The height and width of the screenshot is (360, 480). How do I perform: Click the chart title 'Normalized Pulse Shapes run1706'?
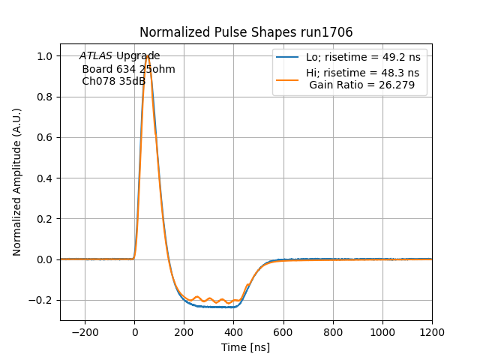246,32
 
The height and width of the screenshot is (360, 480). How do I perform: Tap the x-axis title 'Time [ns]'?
245,347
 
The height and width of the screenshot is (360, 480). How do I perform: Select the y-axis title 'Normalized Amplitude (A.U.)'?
17,182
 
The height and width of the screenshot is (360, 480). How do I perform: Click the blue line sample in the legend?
287,57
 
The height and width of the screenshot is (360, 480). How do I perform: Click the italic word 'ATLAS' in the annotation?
95,56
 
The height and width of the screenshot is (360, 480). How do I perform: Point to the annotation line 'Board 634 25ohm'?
128,69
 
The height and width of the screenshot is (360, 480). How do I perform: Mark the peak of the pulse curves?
148,56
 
